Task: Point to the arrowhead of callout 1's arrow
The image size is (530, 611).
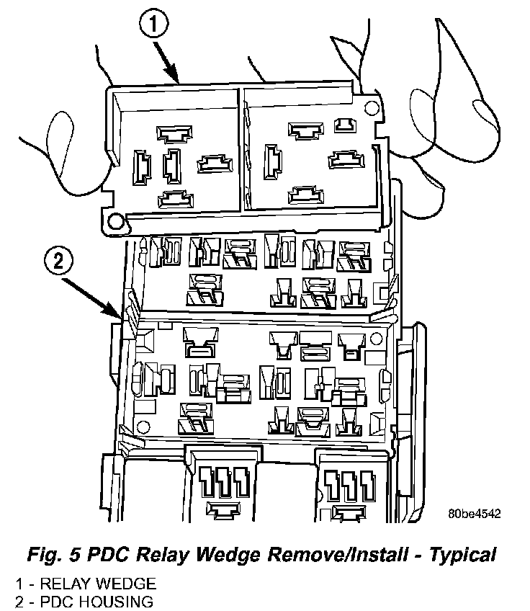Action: tap(176, 79)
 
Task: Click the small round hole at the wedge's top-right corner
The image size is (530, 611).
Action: tap(372, 109)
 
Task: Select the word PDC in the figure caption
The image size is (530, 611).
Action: tap(112, 555)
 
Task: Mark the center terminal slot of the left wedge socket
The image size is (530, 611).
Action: tap(173, 165)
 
